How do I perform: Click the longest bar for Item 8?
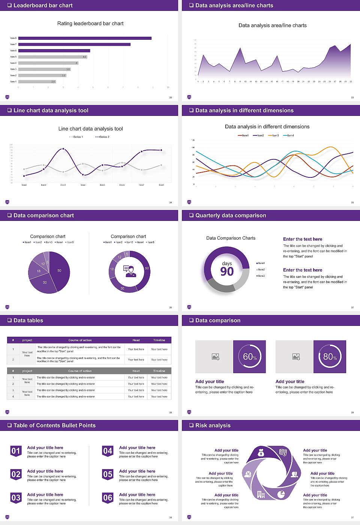point(85,38)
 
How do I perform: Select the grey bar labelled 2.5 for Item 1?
point(37,81)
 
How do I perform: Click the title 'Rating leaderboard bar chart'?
point(90,24)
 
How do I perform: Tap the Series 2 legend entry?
point(102,137)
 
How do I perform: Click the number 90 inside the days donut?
point(227,271)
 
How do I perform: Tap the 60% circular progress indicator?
point(249,357)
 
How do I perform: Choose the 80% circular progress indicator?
point(330,357)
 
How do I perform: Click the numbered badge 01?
point(16,451)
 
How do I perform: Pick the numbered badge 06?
point(108,498)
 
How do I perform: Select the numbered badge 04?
point(108,451)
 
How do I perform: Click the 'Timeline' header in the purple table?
point(159,340)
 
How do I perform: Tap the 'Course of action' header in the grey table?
point(80,371)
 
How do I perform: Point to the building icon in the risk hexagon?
point(261,495)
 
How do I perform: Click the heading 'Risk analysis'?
point(213,426)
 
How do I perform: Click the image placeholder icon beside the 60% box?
point(216,357)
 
